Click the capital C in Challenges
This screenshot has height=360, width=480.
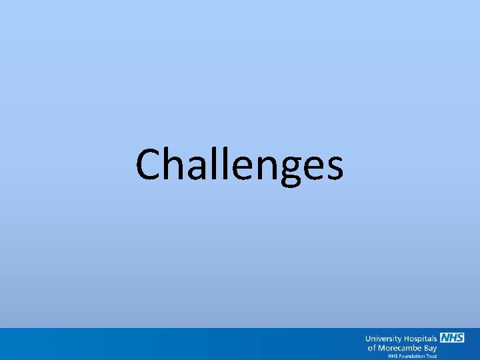click(149, 165)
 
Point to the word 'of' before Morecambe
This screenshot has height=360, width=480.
click(371, 348)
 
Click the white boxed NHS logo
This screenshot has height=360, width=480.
click(451, 338)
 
